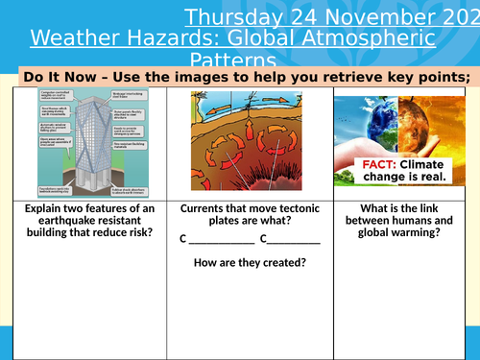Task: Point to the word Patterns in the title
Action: click(232, 60)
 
